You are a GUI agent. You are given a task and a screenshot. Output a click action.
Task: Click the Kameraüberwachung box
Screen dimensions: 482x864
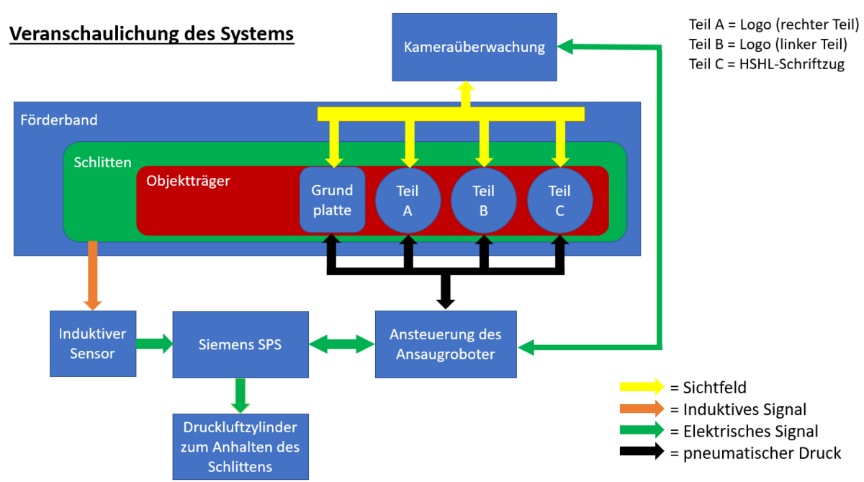[x=474, y=48]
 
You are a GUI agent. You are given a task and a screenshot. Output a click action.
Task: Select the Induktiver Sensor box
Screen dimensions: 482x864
[x=93, y=344]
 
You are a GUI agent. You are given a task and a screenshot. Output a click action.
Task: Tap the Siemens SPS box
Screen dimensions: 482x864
[x=240, y=344]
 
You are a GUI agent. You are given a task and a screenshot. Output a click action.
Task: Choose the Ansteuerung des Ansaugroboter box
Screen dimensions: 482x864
[x=446, y=344]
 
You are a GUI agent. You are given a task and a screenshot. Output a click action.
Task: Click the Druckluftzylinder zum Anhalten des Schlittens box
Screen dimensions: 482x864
[x=240, y=447]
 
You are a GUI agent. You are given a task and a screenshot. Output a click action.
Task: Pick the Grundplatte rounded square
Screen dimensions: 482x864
[x=332, y=200]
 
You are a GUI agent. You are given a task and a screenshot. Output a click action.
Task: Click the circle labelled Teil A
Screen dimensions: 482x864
[x=408, y=200]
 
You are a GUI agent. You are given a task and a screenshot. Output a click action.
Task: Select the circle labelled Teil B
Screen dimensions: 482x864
[x=484, y=200]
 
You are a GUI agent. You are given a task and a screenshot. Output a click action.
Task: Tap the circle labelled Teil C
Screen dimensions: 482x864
[x=560, y=200]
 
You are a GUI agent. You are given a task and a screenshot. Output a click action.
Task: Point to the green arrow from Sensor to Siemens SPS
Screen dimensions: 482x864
[x=154, y=344]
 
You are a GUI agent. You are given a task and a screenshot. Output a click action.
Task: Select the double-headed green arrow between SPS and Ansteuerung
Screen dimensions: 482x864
[x=342, y=344]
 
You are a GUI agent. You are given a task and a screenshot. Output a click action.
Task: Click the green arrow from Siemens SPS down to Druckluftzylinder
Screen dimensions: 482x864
[x=240, y=395]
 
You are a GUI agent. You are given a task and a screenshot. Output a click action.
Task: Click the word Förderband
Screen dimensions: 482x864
[x=59, y=120]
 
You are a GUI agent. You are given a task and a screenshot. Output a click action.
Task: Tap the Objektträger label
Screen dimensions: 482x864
[x=188, y=181]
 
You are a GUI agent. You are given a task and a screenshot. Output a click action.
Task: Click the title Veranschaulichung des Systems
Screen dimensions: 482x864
[x=151, y=34]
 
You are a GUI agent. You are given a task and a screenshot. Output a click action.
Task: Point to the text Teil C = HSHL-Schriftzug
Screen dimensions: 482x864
[x=766, y=64]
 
